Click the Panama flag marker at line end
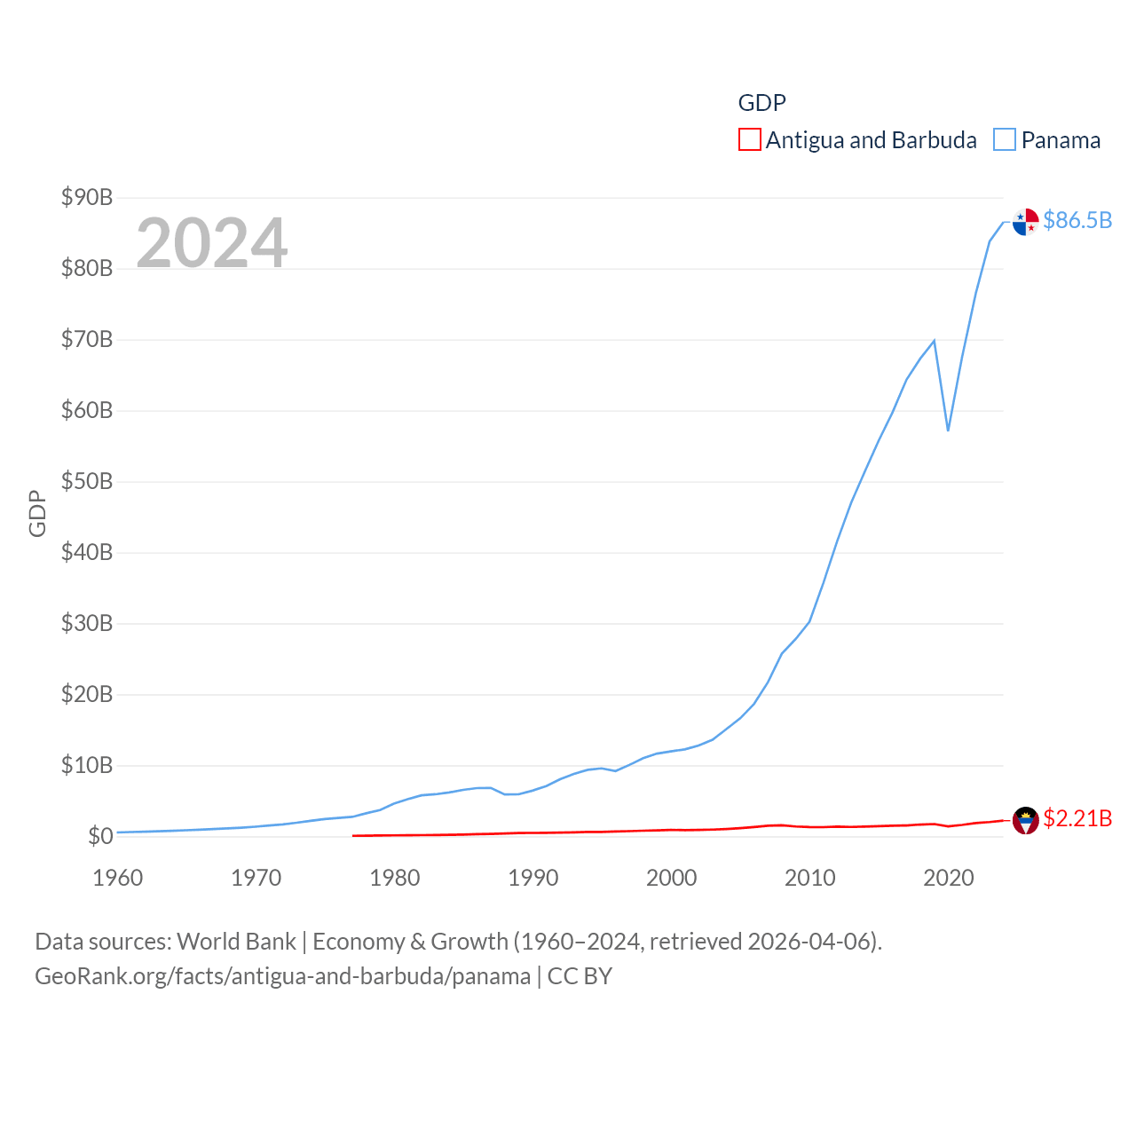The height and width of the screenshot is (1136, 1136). pyautogui.click(x=1025, y=222)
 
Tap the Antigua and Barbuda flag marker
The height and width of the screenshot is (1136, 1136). pyautogui.click(x=1025, y=821)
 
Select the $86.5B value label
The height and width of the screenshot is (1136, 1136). pyautogui.click(x=1077, y=220)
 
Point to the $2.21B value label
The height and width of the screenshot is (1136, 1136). pyautogui.click(x=1077, y=818)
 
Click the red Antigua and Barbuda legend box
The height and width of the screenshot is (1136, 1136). pyautogui.click(x=750, y=140)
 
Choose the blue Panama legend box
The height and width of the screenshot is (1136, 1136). pyautogui.click(x=1004, y=140)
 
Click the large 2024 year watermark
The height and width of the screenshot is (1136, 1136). pyautogui.click(x=212, y=242)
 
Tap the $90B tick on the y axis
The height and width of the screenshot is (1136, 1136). pyautogui.click(x=87, y=197)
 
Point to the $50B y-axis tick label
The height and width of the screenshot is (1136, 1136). pyautogui.click(x=87, y=481)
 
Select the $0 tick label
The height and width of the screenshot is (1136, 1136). pyautogui.click(x=100, y=836)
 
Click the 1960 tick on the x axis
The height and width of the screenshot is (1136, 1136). pyautogui.click(x=118, y=878)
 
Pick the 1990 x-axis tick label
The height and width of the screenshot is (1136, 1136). pyautogui.click(x=533, y=878)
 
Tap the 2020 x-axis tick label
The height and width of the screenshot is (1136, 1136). pyautogui.click(x=949, y=878)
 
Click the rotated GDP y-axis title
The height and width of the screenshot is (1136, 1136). pyautogui.click(x=37, y=513)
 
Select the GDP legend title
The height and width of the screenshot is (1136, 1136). pyautogui.click(x=762, y=103)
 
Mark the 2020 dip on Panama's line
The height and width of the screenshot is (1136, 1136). pyautogui.click(x=948, y=430)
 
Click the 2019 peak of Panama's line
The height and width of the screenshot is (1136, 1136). pyautogui.click(x=934, y=341)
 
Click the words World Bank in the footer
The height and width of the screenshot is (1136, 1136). pyautogui.click(x=237, y=941)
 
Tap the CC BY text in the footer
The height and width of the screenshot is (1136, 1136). pyautogui.click(x=580, y=976)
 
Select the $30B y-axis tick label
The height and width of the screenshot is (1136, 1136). pyautogui.click(x=87, y=623)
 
